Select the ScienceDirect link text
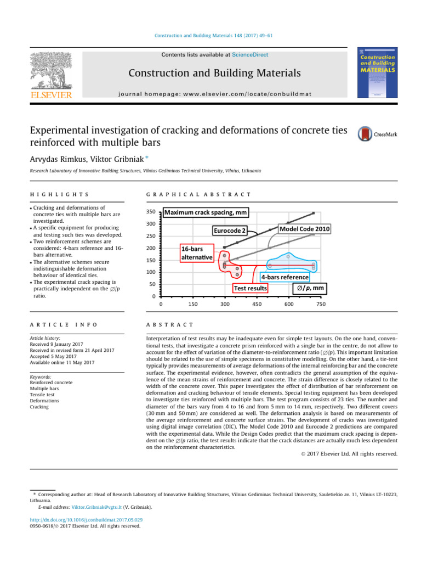click(250, 54)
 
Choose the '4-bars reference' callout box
click(285, 277)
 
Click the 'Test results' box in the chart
click(250, 288)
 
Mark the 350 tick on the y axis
click(150, 212)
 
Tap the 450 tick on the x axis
click(257, 304)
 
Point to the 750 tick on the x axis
click(321, 304)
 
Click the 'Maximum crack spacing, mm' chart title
click(204, 212)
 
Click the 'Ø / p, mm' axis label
click(310, 288)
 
